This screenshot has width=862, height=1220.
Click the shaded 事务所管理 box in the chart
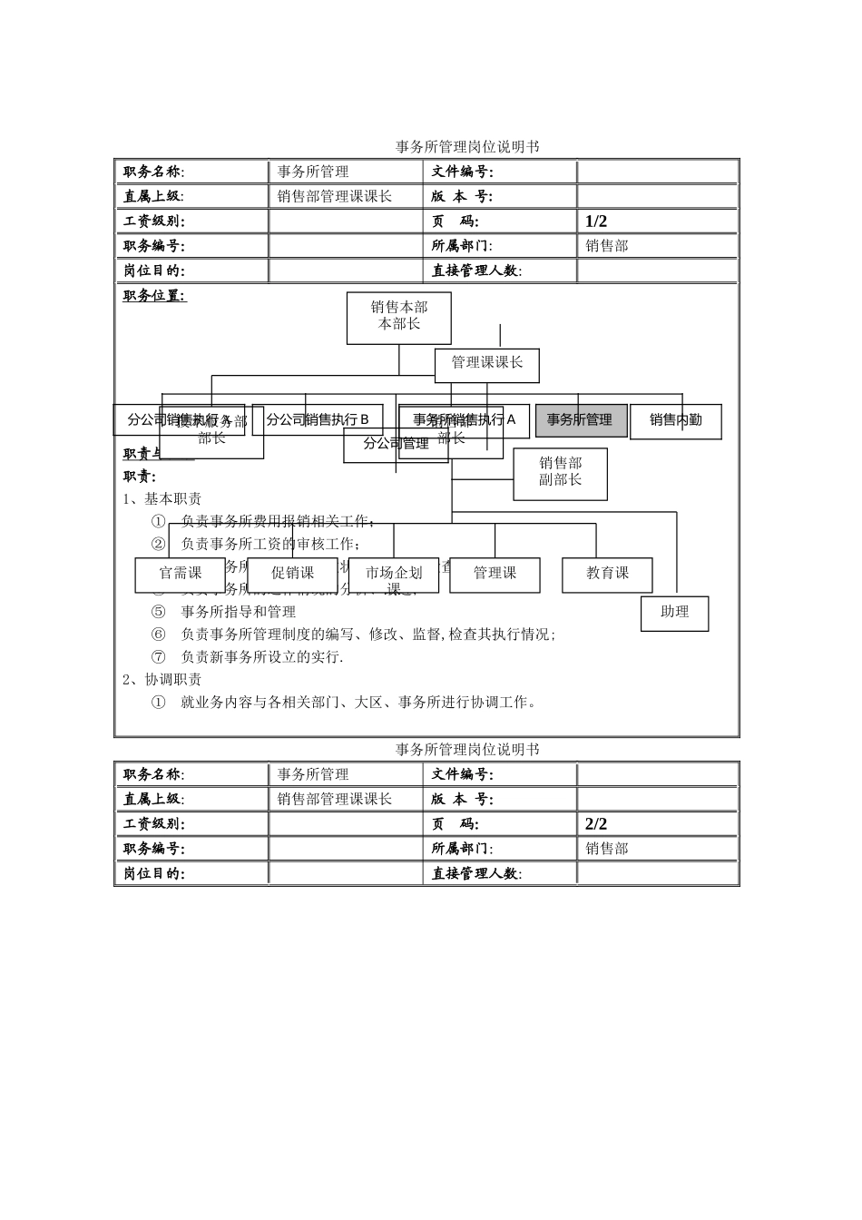[581, 420]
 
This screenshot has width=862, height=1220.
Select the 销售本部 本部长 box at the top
[399, 317]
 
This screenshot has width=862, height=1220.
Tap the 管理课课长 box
[487, 364]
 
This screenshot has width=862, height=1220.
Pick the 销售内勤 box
[676, 421]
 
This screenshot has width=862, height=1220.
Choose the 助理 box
[674, 613]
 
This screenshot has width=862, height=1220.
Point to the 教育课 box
[607, 575]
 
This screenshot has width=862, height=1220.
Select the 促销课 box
[292, 575]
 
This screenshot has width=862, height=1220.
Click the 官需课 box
[181, 575]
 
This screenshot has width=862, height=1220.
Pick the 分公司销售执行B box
[318, 420]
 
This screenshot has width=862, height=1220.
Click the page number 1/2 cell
[596, 221]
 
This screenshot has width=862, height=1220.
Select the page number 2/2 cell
[596, 824]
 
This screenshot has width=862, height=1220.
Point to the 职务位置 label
[154, 296]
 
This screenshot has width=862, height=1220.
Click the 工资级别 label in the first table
[154, 221]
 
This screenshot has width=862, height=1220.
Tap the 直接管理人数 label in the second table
[476, 873]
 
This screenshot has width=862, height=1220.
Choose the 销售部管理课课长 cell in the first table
[335, 197]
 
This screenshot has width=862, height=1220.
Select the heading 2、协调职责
[162, 679]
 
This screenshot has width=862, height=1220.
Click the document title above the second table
[467, 750]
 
